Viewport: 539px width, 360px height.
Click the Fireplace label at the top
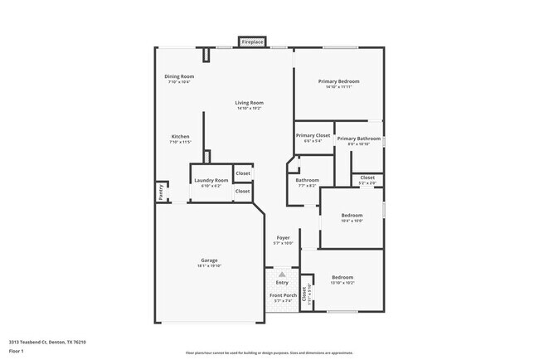pyautogui.click(x=252, y=41)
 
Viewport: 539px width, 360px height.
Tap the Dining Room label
pyautogui.click(x=179, y=76)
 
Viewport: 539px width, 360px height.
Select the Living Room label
pyautogui.click(x=250, y=102)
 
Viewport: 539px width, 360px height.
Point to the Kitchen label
pyautogui.click(x=181, y=136)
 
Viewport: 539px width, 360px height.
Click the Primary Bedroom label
pyautogui.click(x=339, y=80)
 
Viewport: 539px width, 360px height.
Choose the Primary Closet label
pyautogui.click(x=313, y=135)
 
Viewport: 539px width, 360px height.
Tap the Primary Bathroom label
pyautogui.click(x=358, y=138)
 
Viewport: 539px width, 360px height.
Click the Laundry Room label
pyautogui.click(x=211, y=180)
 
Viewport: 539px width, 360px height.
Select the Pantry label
pyautogui.click(x=160, y=192)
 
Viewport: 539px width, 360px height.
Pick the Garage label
pyautogui.click(x=209, y=260)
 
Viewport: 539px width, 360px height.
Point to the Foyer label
pyautogui.click(x=284, y=237)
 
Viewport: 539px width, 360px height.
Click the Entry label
pyautogui.click(x=283, y=282)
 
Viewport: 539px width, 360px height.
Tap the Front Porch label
pyautogui.click(x=283, y=295)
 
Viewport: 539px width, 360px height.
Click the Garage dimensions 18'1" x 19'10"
pyautogui.click(x=209, y=265)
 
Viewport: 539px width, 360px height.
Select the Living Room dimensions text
pyautogui.click(x=250, y=108)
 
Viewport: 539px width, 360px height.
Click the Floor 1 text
pyautogui.click(x=17, y=351)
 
